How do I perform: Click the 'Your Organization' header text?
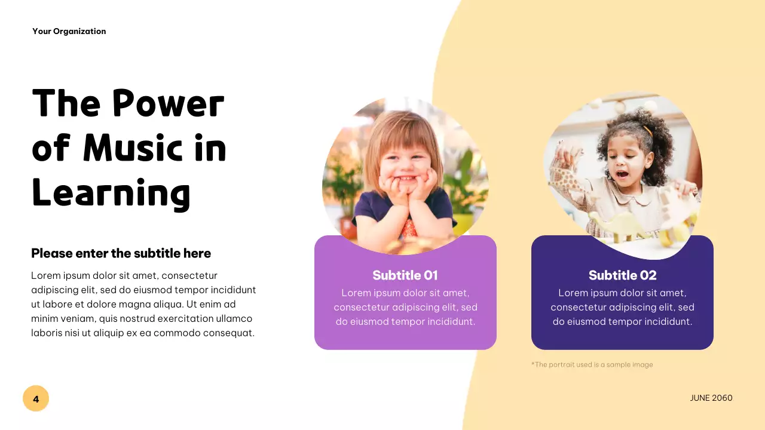coord(69,32)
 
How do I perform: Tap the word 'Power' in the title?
coord(168,103)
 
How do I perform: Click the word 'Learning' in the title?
coord(111,194)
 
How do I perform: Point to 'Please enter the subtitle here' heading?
coord(121,253)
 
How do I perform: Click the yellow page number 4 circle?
coord(36,398)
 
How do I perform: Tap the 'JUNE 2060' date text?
coord(711,398)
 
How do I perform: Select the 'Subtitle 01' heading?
coord(405,275)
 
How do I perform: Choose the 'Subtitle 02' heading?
coord(622,275)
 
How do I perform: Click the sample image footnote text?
coord(592,364)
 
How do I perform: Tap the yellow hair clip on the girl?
coord(647,130)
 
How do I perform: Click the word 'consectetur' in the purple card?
coord(362,308)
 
